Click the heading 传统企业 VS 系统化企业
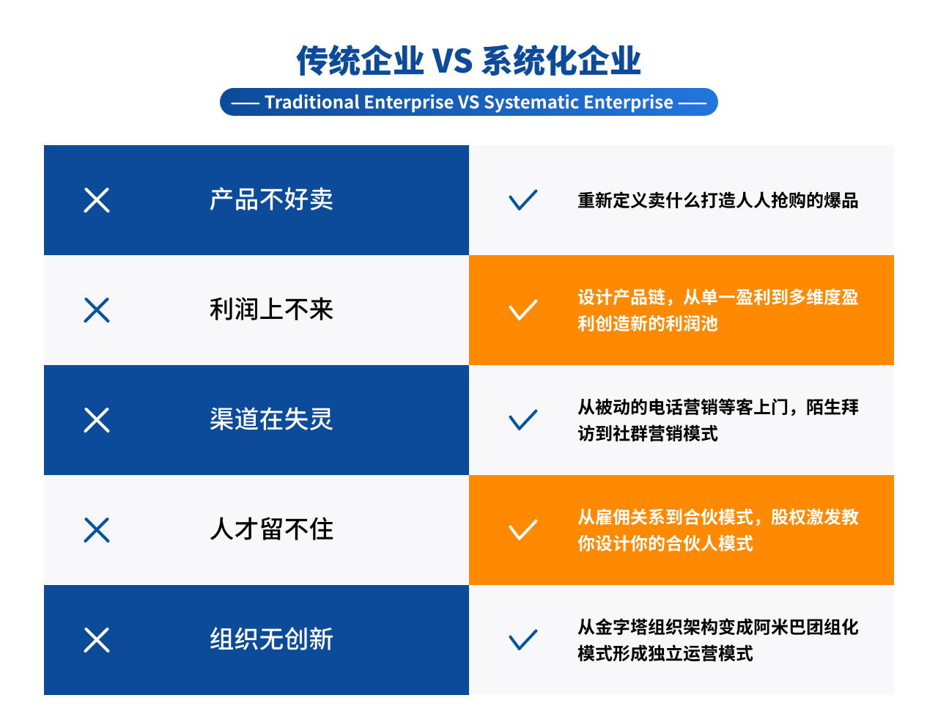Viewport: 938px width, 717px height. (x=468, y=61)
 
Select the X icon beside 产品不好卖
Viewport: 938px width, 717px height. (x=97, y=200)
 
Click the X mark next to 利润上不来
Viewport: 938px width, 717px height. (x=97, y=310)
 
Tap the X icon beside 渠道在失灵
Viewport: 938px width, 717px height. (x=97, y=420)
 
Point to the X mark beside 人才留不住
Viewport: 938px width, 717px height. (x=97, y=530)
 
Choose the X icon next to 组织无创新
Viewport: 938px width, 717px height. (x=97, y=639)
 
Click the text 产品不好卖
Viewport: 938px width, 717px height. (x=271, y=199)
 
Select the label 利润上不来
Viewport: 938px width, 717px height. (x=271, y=309)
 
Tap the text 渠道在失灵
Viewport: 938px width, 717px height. (x=271, y=419)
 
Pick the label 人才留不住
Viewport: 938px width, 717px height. (x=271, y=529)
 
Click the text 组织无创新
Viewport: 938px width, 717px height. (x=271, y=639)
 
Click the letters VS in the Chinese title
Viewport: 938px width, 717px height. (x=453, y=62)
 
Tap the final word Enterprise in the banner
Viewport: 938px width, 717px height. (x=628, y=103)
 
